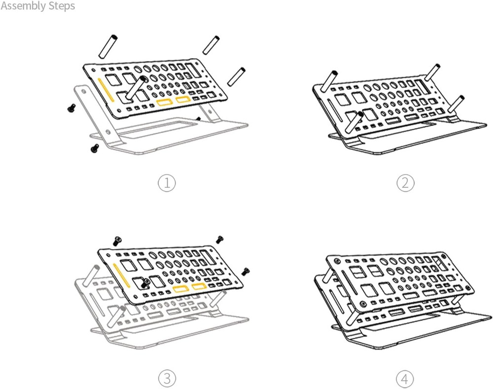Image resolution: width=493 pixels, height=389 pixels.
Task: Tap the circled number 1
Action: [167, 183]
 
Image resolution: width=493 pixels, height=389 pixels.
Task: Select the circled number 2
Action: [405, 183]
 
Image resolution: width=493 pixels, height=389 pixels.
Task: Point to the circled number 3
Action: [167, 379]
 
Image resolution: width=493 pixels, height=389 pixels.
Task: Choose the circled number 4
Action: [405, 379]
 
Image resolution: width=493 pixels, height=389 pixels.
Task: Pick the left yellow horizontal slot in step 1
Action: [164, 102]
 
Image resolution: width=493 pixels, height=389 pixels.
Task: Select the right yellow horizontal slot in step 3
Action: [199, 286]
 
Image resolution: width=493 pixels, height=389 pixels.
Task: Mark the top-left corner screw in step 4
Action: [335, 259]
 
